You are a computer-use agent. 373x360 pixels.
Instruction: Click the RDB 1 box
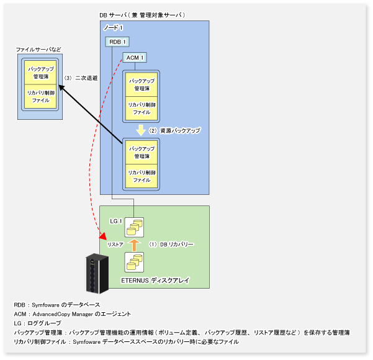(x=117, y=42)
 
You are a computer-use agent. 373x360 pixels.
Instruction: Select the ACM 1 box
(x=135, y=58)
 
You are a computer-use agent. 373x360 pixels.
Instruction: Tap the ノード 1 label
(x=113, y=28)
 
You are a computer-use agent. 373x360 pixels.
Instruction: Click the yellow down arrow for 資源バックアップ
(x=141, y=130)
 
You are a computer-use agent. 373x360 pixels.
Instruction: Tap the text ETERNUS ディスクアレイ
(x=154, y=281)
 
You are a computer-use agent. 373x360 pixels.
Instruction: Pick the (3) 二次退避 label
(x=81, y=79)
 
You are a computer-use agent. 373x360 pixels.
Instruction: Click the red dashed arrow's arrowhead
(x=102, y=236)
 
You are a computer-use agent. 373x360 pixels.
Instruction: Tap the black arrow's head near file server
(x=63, y=89)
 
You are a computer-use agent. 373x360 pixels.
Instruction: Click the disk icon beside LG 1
(x=135, y=227)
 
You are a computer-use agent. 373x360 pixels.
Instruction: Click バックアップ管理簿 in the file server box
(x=40, y=72)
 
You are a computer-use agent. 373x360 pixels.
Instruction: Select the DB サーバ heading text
(x=143, y=15)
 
